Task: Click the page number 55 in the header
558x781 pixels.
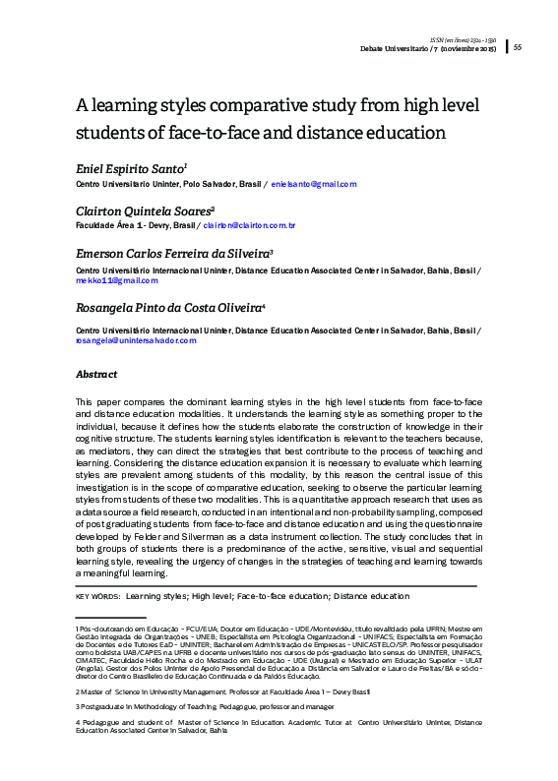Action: (x=518, y=47)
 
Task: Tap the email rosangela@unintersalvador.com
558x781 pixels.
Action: (x=136, y=340)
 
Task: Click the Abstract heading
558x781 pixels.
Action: (x=96, y=375)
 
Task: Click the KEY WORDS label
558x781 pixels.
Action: (x=96, y=596)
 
